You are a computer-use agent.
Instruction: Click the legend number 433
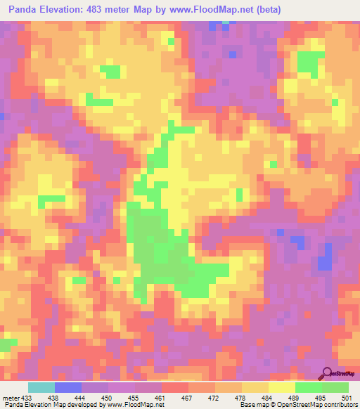(x=25, y=397)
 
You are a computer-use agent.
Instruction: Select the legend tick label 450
(x=104, y=397)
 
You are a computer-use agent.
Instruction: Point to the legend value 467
(x=186, y=397)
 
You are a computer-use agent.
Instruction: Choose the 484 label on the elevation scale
(x=266, y=397)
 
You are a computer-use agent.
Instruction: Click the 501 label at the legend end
(x=345, y=397)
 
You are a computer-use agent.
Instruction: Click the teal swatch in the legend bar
(x=41, y=387)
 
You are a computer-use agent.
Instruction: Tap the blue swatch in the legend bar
(x=68, y=387)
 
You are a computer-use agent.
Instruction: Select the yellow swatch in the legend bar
(x=281, y=387)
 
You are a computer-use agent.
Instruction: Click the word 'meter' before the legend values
(x=9, y=397)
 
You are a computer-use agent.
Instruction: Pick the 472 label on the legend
(x=212, y=397)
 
